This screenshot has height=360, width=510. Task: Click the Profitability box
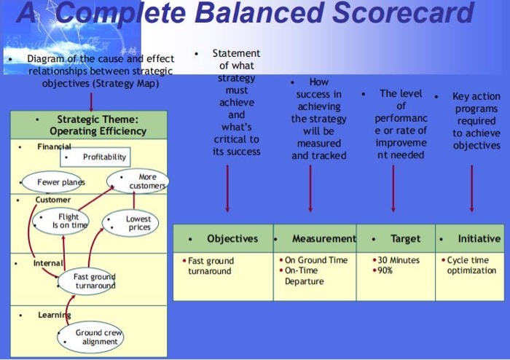95,157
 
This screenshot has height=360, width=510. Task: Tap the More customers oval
138,181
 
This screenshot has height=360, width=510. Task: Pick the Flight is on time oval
60,221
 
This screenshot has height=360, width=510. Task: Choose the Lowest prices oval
130,223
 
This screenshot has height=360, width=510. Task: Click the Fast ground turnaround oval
87,281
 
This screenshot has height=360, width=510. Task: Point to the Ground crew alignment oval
90,337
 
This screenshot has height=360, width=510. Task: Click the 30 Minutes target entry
396,260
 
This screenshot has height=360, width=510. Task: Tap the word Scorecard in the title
403,13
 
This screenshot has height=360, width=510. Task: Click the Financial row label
54,146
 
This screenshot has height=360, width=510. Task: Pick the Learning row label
55,315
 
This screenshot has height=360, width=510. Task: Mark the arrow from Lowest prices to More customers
133,200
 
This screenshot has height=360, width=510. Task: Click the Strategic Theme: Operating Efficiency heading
98,125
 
